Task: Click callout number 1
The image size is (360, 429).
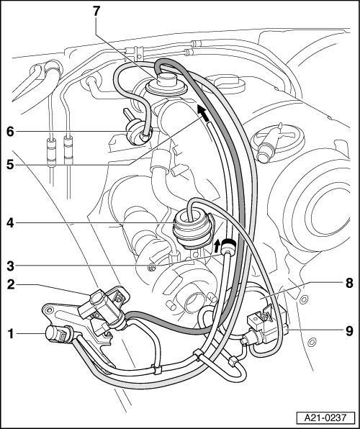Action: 10,334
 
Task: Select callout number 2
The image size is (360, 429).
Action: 10,284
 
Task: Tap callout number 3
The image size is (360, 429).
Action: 10,266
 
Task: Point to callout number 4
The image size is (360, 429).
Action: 10,223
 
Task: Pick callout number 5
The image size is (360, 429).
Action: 10,165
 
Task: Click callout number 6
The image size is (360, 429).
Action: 10,132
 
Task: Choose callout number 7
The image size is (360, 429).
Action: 96,12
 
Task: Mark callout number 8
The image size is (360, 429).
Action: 349,283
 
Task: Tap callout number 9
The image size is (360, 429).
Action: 349,331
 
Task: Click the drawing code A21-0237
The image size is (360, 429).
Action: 325,417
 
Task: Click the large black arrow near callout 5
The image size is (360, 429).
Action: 202,114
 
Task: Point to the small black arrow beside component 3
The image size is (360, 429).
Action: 217,245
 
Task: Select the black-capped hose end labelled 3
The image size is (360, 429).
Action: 228,246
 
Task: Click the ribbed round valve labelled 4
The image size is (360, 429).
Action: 192,230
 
